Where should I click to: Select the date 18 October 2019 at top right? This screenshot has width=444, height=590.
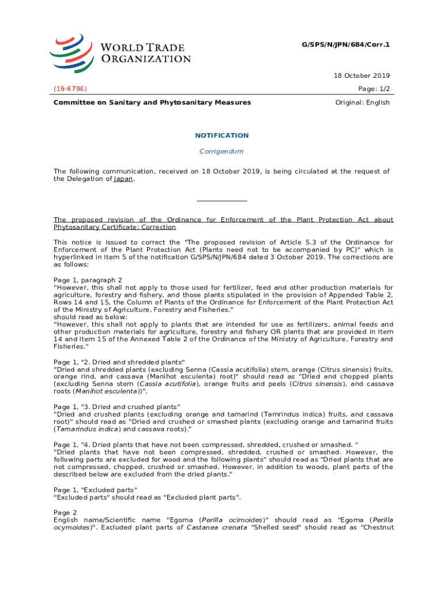(x=362, y=75)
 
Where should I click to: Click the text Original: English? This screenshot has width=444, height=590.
(x=362, y=103)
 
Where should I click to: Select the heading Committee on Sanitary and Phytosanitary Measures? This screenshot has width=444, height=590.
(x=152, y=103)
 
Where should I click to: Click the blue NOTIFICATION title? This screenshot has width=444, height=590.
(x=221, y=135)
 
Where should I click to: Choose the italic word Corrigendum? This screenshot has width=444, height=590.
(x=221, y=152)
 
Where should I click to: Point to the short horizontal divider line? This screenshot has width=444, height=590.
(x=221, y=201)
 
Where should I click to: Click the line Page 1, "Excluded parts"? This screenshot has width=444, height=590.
(x=95, y=489)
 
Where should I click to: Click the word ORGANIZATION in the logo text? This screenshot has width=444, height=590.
(x=146, y=59)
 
